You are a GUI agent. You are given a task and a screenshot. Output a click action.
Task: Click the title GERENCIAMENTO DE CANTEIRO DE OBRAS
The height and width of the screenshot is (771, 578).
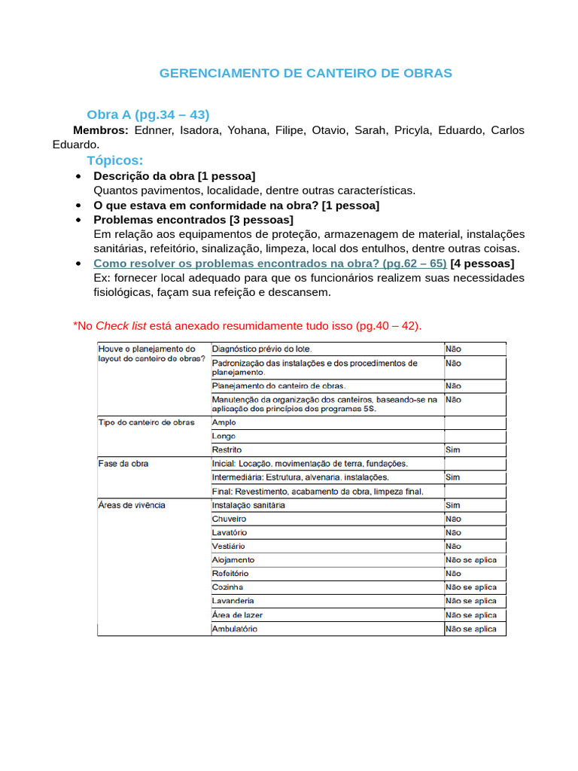[x=306, y=73]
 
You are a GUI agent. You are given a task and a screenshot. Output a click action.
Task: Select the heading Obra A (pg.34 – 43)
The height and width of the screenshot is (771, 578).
[x=148, y=114]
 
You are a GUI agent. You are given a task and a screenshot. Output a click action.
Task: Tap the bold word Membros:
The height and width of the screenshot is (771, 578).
[x=100, y=130]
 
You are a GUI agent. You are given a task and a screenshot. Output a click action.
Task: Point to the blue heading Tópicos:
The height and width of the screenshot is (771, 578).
[x=114, y=160]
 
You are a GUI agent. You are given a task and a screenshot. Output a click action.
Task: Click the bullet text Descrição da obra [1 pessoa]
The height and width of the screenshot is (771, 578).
[x=174, y=175]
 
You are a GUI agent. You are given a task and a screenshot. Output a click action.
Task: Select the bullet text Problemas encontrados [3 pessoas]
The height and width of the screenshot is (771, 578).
[x=193, y=219]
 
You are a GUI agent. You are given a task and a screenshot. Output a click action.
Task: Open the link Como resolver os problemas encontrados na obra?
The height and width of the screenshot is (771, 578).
[x=269, y=263]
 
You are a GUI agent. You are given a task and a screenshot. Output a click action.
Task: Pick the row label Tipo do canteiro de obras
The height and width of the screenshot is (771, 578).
[x=146, y=422]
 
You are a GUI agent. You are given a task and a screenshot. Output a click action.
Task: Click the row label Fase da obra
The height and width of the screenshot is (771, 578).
[x=123, y=464]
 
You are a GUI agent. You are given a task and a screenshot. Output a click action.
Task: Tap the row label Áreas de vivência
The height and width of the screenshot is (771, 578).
[x=132, y=505]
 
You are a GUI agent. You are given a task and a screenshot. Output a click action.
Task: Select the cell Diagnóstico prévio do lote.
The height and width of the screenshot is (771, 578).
[x=261, y=349]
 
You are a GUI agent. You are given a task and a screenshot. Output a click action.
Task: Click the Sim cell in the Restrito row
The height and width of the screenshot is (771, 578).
[x=452, y=450]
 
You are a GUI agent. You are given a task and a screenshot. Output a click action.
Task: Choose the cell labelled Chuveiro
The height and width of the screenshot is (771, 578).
[x=229, y=519]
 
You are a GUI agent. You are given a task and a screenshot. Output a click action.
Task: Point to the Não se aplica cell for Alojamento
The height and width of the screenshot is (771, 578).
[x=470, y=560]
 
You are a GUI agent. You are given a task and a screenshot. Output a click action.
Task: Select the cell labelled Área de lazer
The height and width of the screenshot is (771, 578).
[x=237, y=615]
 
